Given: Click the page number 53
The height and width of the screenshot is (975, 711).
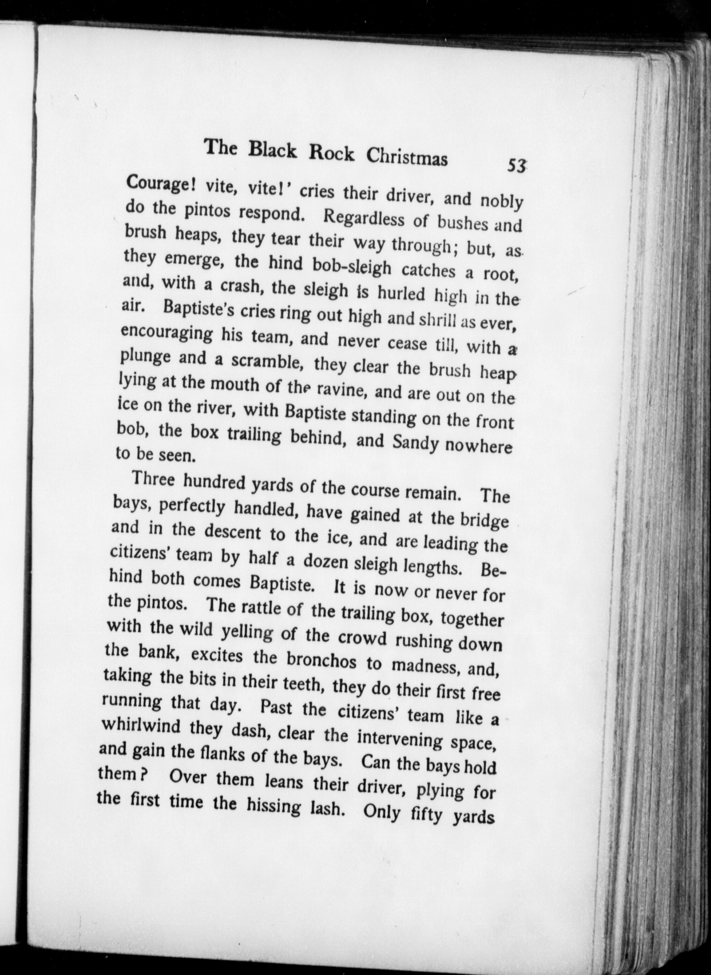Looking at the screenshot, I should click(517, 166).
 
